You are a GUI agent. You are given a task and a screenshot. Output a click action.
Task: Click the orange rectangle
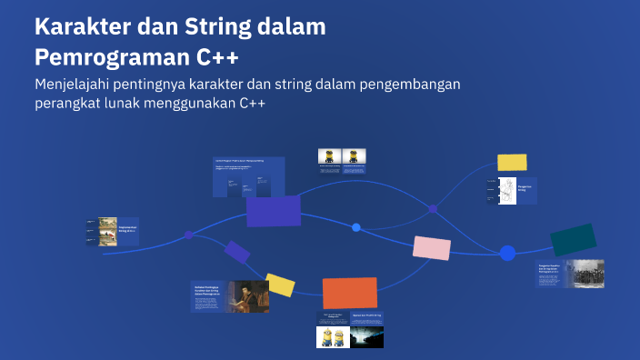(x=350, y=293)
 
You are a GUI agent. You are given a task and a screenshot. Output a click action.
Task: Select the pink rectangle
(x=432, y=247)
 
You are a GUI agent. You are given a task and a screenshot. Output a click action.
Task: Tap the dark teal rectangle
(x=574, y=240)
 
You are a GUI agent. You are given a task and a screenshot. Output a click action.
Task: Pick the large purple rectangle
(x=274, y=211)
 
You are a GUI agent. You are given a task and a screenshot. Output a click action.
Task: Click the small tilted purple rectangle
(x=236, y=251)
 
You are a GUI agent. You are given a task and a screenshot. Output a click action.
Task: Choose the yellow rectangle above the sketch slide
(x=512, y=162)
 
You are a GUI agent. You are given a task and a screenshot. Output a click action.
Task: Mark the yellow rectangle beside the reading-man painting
(x=280, y=285)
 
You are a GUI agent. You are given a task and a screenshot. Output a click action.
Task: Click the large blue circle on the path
(x=507, y=253)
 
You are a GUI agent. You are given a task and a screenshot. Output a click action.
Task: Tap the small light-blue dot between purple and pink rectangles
(x=356, y=227)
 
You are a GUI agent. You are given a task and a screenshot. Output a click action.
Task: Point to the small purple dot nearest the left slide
(x=188, y=235)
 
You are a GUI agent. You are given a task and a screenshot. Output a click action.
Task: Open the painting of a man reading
(x=248, y=295)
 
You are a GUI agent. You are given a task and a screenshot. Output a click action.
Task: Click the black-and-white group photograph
(x=583, y=274)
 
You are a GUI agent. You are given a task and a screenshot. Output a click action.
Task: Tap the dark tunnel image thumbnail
(x=365, y=337)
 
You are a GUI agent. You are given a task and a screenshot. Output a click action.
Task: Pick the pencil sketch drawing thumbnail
(x=506, y=191)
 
